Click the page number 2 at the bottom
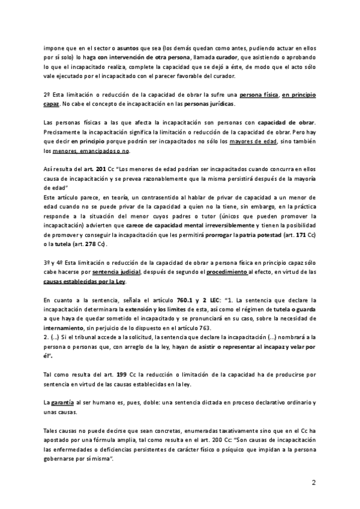(314, 483)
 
